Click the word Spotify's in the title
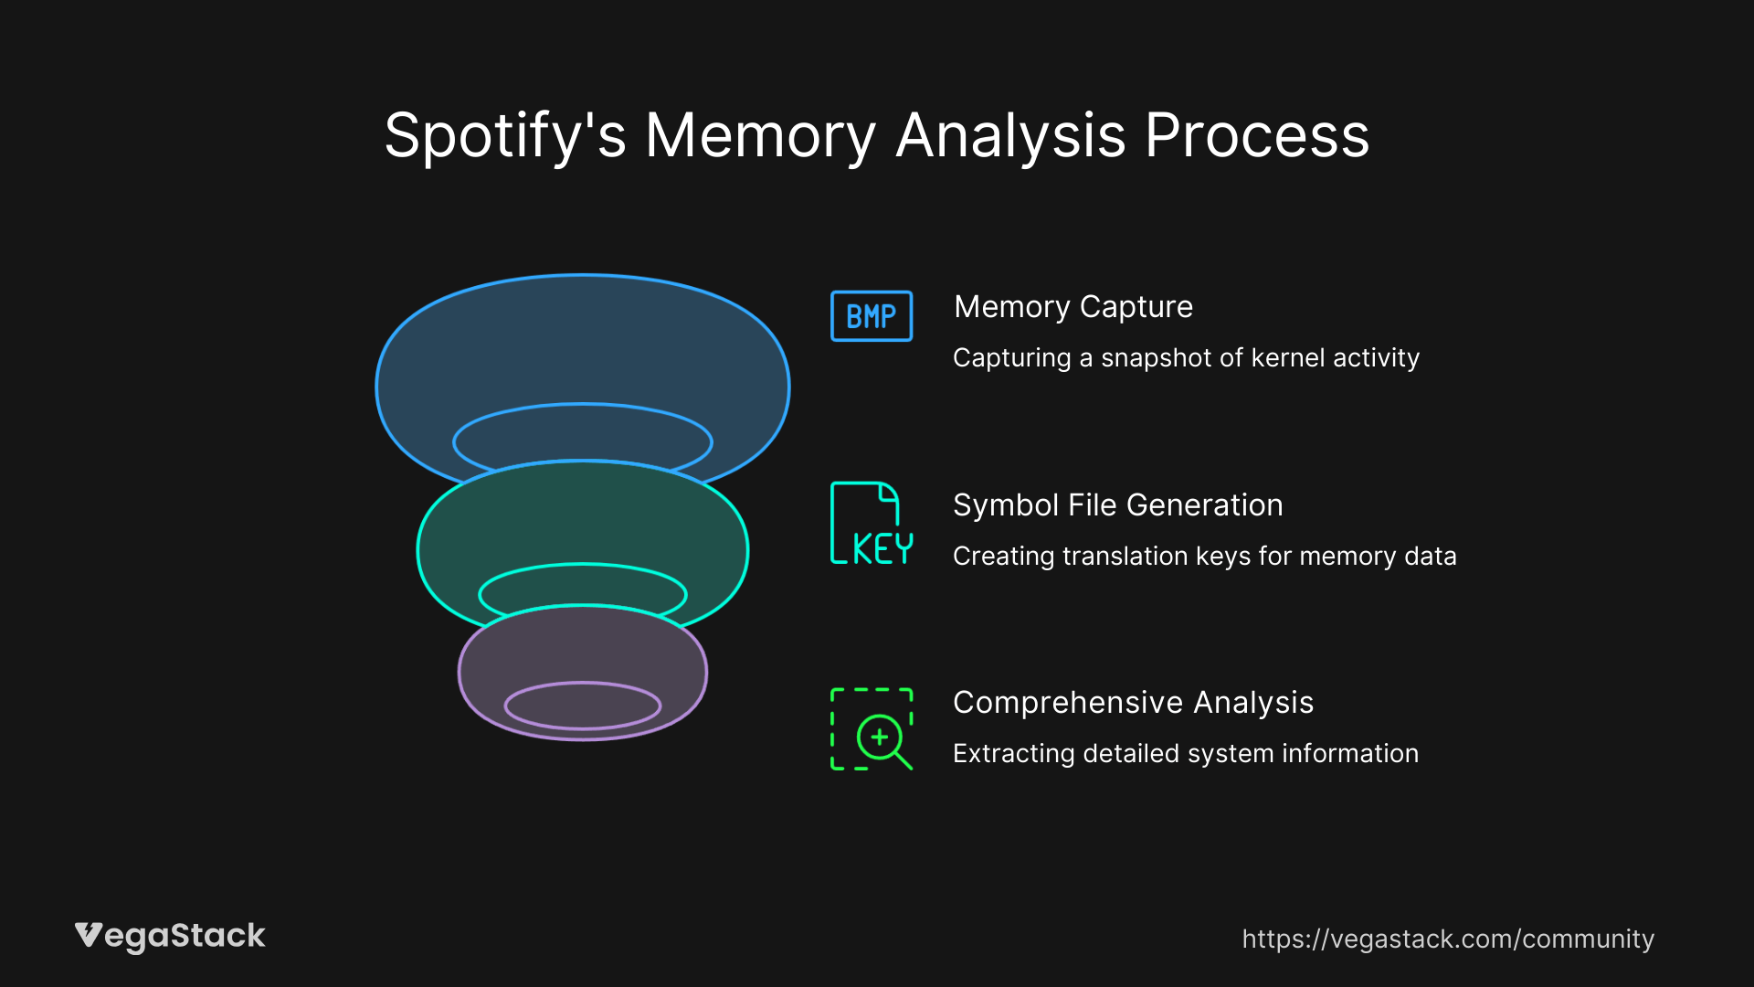click(x=504, y=136)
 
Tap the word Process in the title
click(x=1257, y=136)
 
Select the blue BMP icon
click(x=871, y=316)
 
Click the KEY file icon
click(x=871, y=524)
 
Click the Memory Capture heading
click(x=1072, y=307)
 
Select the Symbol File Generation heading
click(x=1117, y=505)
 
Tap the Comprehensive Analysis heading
click(x=1133, y=703)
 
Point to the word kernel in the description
click(x=1288, y=358)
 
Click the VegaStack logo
click(x=170, y=937)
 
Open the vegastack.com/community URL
click(x=1448, y=939)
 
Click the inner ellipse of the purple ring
click(x=583, y=706)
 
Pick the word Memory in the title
click(x=760, y=136)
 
